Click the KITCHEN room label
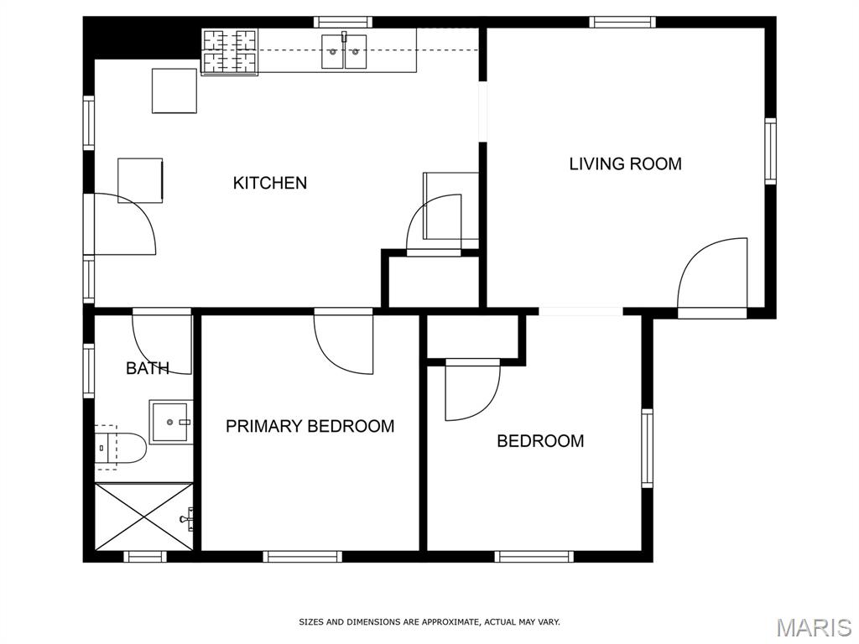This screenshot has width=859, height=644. point(269,183)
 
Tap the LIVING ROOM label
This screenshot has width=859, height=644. point(625,164)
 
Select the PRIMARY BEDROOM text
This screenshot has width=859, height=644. point(310,426)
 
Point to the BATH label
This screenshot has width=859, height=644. point(148,368)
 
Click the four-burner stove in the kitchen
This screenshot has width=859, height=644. point(230,51)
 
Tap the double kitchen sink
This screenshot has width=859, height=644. point(343,51)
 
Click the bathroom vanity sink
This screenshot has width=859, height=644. point(170,423)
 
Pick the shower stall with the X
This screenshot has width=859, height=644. point(143,517)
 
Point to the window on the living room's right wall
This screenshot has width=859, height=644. point(770,151)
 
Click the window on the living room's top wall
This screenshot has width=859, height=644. point(622,22)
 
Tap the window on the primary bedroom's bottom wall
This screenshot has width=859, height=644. point(302,557)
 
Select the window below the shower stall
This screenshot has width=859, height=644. point(144,557)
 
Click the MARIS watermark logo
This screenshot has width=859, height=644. point(814,627)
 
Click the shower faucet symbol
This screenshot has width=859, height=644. point(187,518)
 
